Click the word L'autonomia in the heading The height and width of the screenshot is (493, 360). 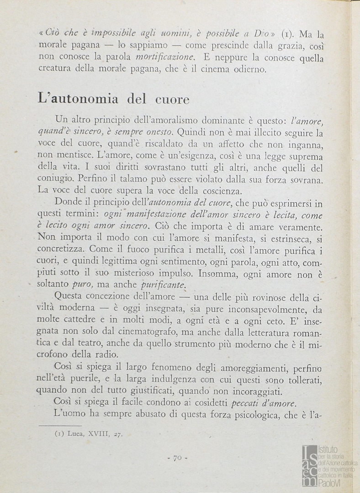click(78, 99)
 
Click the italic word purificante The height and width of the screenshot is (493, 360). click(164, 285)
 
